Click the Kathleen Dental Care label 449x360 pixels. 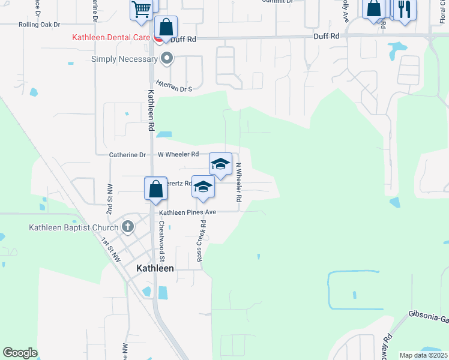point(112,37)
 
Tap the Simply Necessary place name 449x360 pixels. point(124,59)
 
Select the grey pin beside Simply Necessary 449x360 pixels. point(167,59)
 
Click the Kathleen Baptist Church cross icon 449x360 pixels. point(127,227)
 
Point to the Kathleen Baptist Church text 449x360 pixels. point(74,227)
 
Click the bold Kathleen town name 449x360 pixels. point(155,268)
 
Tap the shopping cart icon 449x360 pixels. point(141,8)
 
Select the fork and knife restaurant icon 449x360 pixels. point(404,9)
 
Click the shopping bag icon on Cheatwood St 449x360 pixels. point(155,188)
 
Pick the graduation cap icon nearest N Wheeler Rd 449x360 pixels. point(220,164)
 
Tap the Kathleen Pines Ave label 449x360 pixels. point(187,212)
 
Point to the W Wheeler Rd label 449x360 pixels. point(178,154)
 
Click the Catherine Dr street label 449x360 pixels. point(127,155)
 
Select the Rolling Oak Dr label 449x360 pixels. point(40,25)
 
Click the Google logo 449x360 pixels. point(20,353)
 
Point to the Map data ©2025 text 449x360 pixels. point(423,355)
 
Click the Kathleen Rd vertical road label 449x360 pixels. point(151,110)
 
